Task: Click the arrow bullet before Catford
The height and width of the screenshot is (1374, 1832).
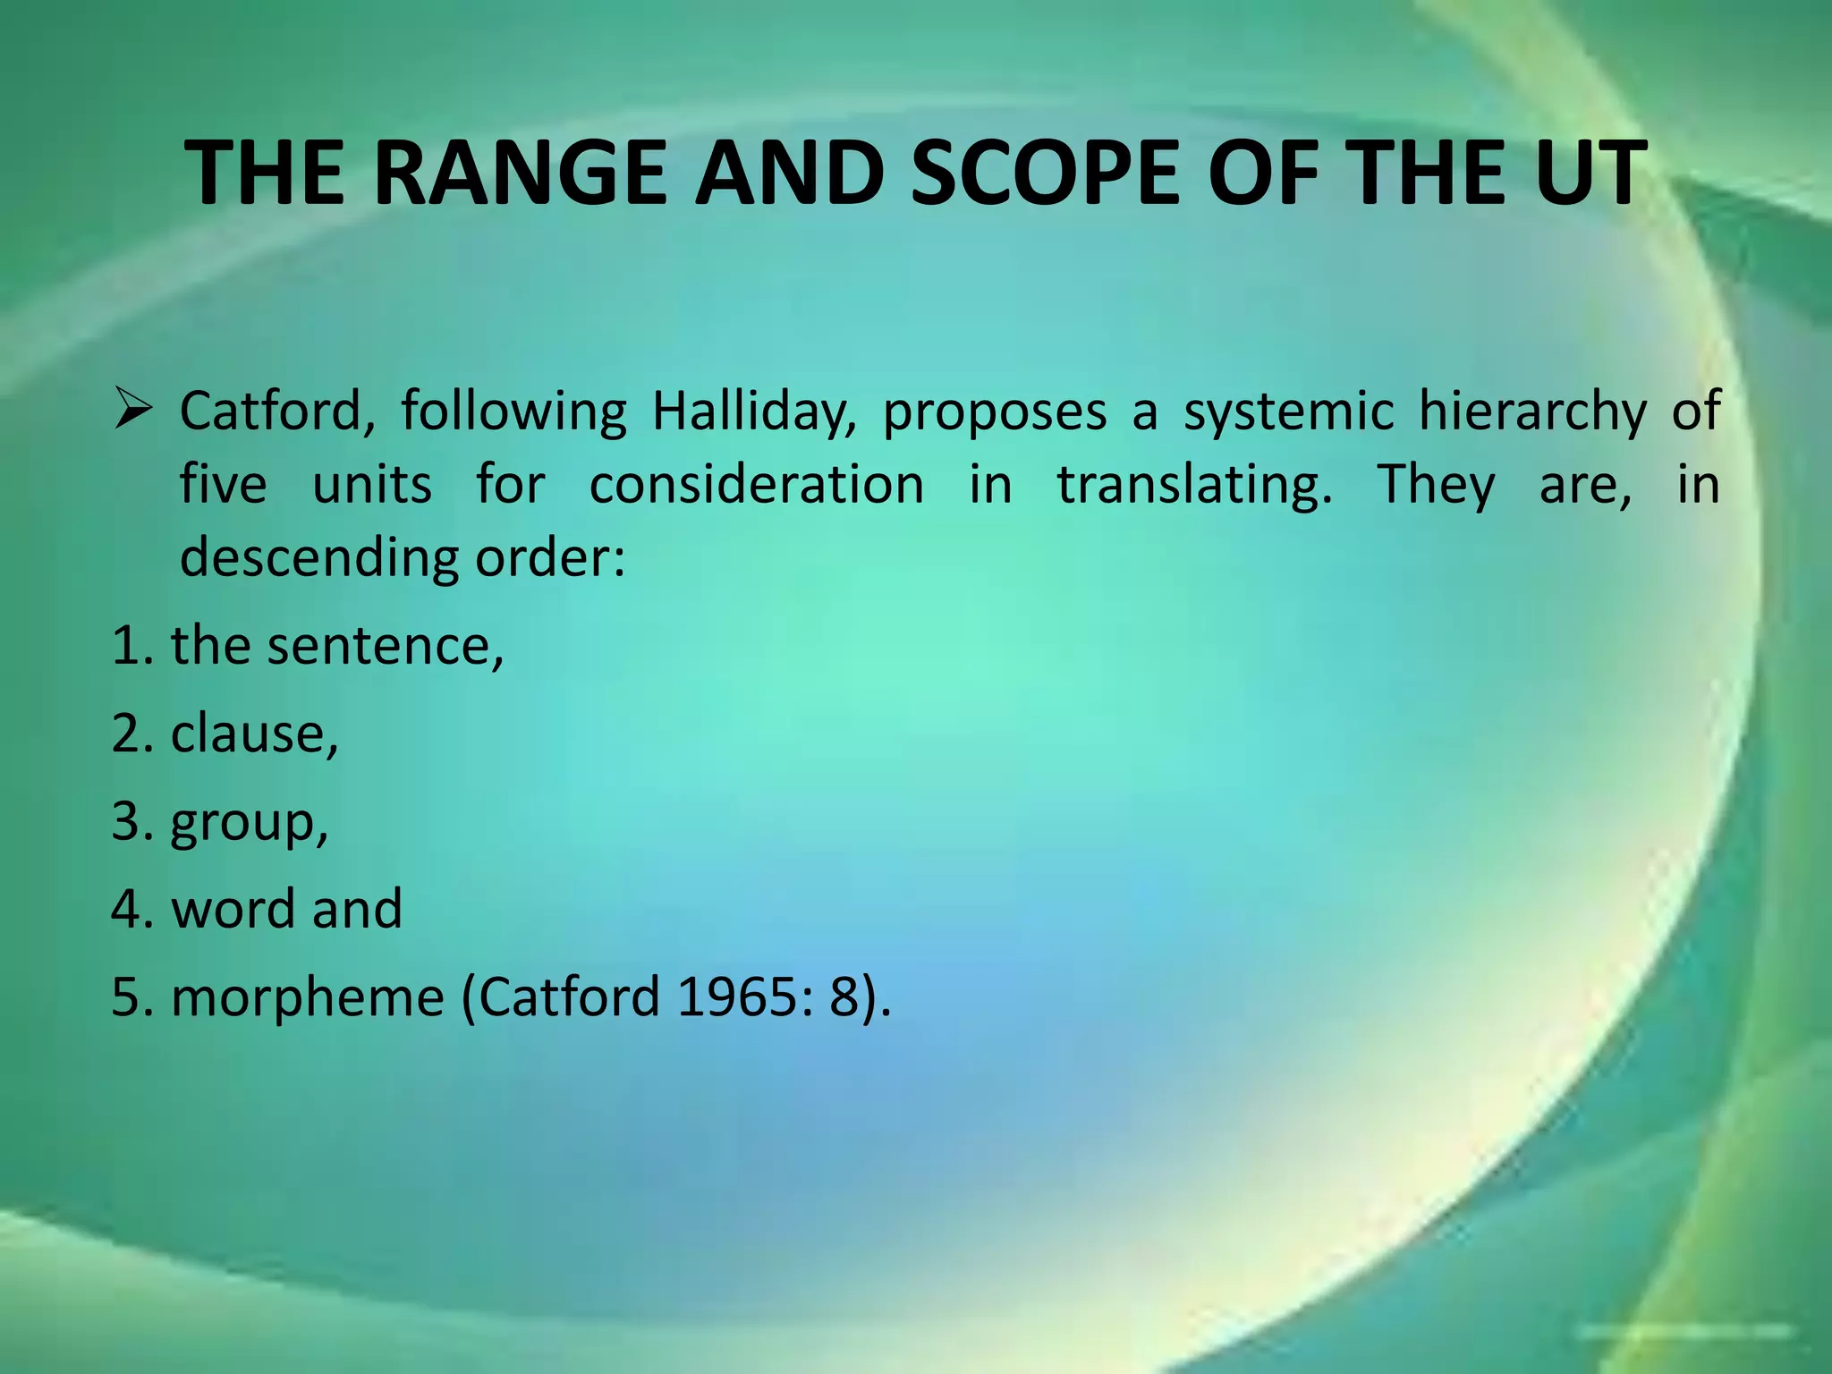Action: [x=136, y=412]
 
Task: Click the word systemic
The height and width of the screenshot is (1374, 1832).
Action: [x=1289, y=412]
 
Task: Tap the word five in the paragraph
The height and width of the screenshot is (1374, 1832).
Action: [x=223, y=485]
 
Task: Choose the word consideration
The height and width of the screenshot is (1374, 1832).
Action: [x=757, y=485]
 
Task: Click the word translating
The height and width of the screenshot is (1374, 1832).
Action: [x=1194, y=485]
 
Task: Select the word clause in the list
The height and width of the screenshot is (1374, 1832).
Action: [x=254, y=734]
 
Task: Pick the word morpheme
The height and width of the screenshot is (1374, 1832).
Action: [x=308, y=997]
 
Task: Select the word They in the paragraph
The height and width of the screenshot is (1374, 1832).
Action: [x=1435, y=485]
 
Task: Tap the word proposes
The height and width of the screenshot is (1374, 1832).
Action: [x=995, y=412]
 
